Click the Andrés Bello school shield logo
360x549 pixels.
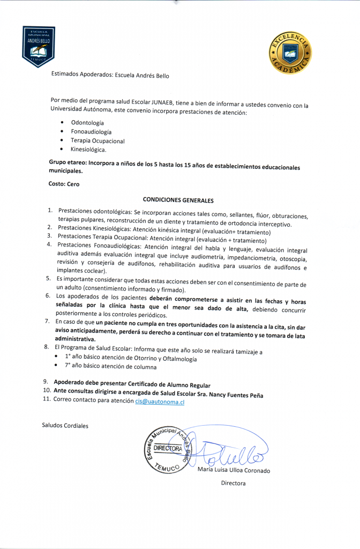coord(39,46)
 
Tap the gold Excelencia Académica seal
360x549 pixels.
coord(290,52)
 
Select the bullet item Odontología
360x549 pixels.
coord(87,123)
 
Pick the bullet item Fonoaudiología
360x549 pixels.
coord(91,132)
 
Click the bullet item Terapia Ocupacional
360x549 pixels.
coord(97,141)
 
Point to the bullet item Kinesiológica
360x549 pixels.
coord(88,150)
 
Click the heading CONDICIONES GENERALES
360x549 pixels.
coord(178,199)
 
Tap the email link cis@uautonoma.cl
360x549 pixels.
coord(160,402)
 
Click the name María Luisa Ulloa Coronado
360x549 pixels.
coord(234,470)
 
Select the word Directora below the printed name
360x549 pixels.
coord(233,483)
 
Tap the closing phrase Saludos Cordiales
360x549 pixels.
coord(65,426)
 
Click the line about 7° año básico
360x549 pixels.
coord(110,367)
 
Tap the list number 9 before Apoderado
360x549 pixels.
coord(46,383)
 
